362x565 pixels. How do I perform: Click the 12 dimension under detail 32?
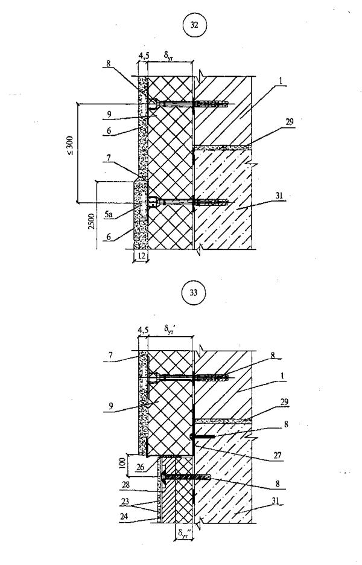(x=139, y=256)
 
